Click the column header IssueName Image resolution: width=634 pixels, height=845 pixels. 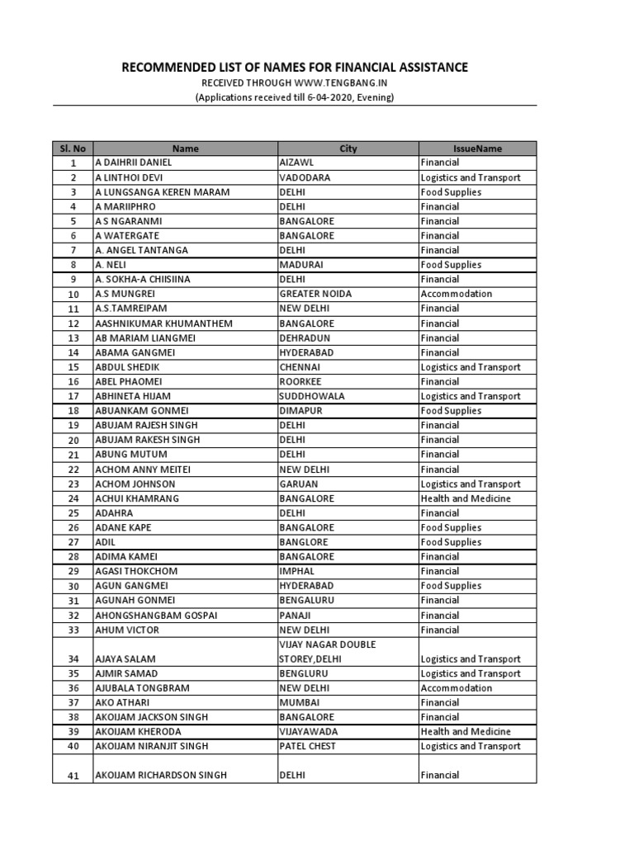click(x=477, y=149)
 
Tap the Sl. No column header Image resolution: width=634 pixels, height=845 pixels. click(x=73, y=149)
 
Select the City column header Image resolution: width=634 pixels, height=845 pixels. click(x=348, y=149)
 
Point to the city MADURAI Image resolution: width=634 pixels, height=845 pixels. click(x=301, y=265)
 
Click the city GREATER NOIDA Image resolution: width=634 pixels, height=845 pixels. click(x=315, y=294)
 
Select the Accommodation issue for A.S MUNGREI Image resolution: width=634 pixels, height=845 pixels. click(x=456, y=294)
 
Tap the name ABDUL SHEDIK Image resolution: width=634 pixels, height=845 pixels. click(x=127, y=367)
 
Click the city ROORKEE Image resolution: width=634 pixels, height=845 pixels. click(x=302, y=381)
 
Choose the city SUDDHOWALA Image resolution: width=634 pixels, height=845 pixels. click(x=312, y=396)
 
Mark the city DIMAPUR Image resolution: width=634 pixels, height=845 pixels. click(x=300, y=411)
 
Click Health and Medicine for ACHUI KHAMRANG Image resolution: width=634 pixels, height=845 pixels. click(x=466, y=498)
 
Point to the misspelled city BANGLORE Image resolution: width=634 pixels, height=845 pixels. click(x=304, y=542)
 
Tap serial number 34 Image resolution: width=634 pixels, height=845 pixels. click(x=73, y=659)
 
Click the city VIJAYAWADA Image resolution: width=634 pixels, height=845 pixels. click(x=309, y=732)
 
